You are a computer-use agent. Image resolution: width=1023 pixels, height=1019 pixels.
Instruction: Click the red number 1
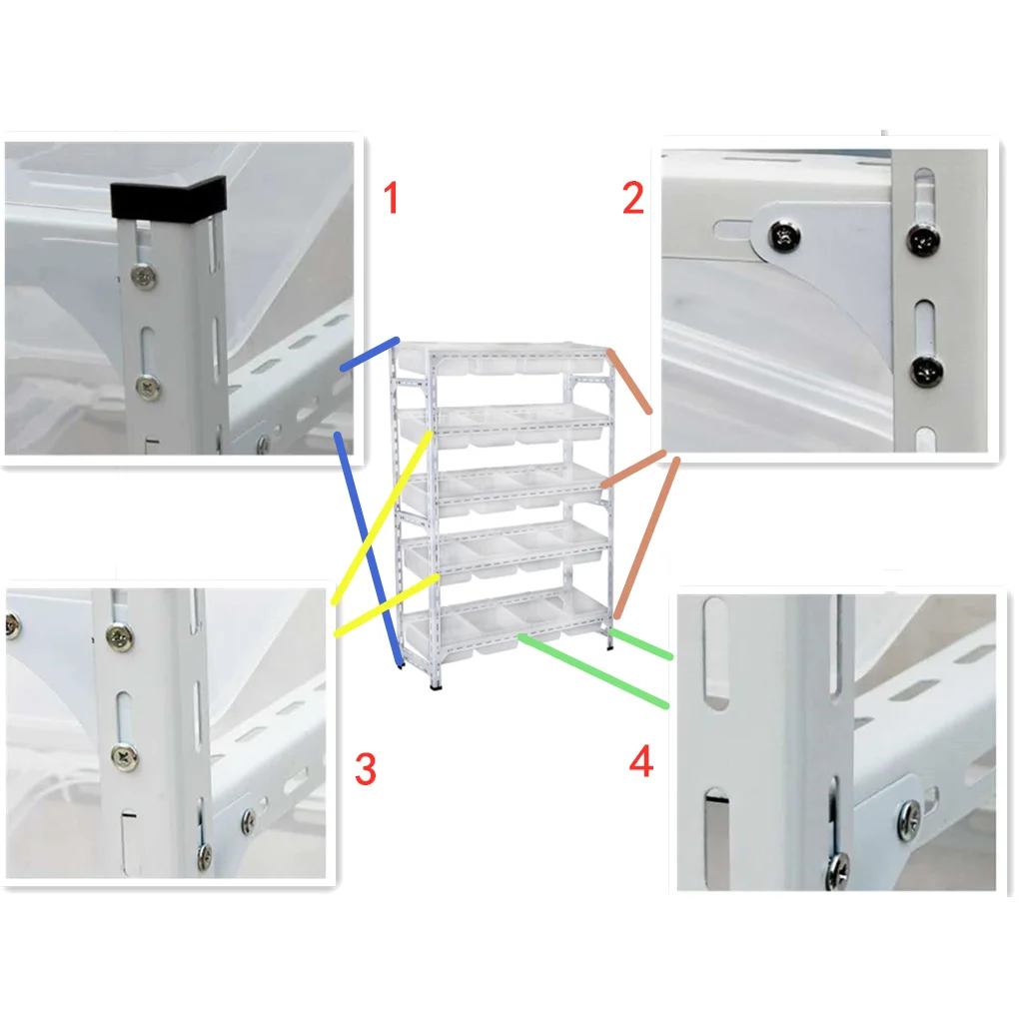pyautogui.click(x=391, y=198)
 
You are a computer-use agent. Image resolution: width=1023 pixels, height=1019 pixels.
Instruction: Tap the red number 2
pyautogui.click(x=632, y=199)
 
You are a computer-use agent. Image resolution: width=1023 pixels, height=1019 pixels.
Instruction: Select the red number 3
pyautogui.click(x=366, y=769)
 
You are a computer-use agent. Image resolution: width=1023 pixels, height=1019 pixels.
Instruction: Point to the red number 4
pyautogui.click(x=641, y=762)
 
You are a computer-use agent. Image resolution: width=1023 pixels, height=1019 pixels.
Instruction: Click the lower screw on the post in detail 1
pyautogui.click(x=148, y=384)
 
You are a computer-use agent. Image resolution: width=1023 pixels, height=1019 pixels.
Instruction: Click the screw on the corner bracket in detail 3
pyautogui.click(x=247, y=820)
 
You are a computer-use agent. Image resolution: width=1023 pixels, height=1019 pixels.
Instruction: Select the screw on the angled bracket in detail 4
pyautogui.click(x=909, y=818)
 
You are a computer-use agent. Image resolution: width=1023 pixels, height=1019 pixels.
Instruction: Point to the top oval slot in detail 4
pyautogui.click(x=715, y=652)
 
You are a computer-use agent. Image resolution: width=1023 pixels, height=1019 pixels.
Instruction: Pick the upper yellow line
pyautogui.click(x=382, y=515)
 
